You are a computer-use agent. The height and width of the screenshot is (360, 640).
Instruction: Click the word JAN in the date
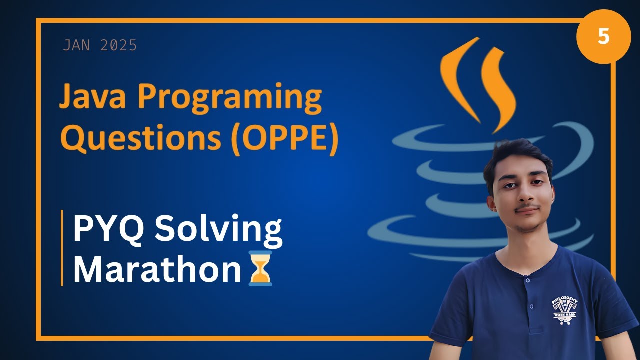click(76, 46)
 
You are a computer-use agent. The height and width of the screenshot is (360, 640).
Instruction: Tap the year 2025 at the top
click(118, 46)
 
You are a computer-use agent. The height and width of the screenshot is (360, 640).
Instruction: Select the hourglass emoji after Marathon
click(260, 269)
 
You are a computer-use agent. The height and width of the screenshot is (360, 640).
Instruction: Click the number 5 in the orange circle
click(603, 37)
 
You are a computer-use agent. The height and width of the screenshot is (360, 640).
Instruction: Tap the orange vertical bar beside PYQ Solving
click(62, 248)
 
